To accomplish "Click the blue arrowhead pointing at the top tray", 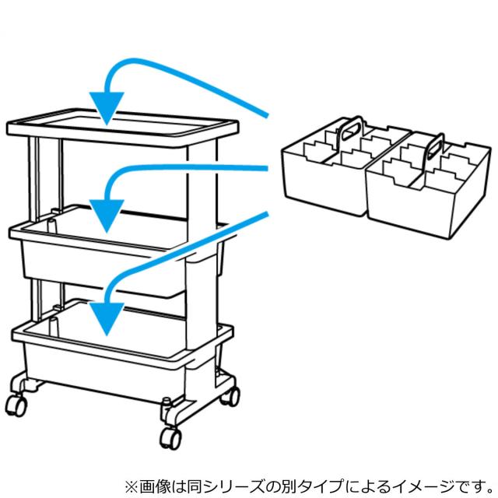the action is (x=107, y=107).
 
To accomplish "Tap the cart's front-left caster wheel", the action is (x=16, y=405).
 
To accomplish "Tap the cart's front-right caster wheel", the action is (x=171, y=438).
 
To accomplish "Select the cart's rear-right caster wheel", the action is (x=231, y=396).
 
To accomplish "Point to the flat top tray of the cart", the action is (x=122, y=127).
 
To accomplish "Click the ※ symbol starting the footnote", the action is (x=132, y=486).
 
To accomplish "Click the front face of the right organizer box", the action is (x=410, y=206).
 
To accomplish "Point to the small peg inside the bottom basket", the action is (x=54, y=327).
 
